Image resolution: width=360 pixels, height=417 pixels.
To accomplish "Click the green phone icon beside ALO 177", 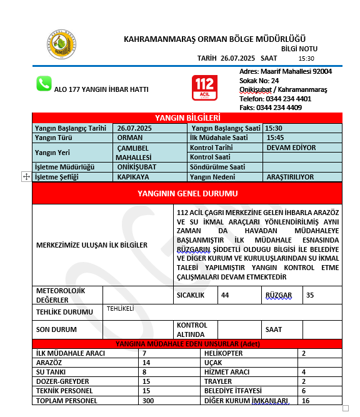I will (x=44, y=84).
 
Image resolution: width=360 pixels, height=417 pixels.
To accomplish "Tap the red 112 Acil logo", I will (x=204, y=88).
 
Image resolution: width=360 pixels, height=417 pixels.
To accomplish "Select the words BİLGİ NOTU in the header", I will (x=299, y=48).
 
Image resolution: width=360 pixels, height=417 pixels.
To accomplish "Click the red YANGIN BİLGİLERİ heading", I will (x=187, y=118).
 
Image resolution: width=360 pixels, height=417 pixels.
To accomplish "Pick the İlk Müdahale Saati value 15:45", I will (x=275, y=138).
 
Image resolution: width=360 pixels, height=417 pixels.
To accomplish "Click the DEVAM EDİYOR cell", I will (x=291, y=148).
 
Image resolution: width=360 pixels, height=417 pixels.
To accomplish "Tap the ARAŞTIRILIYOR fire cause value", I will (x=290, y=177).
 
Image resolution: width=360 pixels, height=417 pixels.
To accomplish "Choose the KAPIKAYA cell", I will (x=132, y=177).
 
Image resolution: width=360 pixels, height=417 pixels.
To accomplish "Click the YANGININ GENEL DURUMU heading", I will (x=187, y=194).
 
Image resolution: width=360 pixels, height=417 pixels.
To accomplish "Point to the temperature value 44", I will (x=225, y=295).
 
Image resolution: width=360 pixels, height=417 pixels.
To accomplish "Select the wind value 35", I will (x=310, y=295).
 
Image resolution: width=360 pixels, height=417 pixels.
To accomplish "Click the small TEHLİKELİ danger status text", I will (x=121, y=308).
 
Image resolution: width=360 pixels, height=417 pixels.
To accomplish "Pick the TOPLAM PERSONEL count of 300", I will (x=148, y=400).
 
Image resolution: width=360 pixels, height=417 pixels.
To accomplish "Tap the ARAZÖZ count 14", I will (x=147, y=363).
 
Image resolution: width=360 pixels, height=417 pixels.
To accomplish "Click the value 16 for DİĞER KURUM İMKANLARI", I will (x=306, y=400).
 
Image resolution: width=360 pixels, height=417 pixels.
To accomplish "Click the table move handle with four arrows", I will (x=26, y=177).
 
